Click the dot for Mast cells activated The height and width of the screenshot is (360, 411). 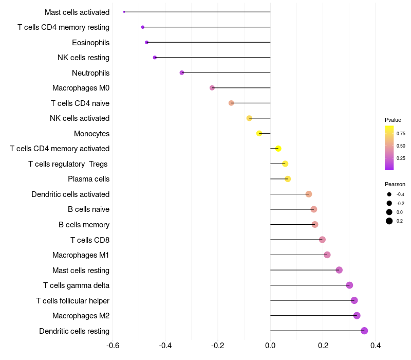click(x=124, y=12)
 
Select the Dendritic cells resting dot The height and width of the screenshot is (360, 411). click(x=364, y=331)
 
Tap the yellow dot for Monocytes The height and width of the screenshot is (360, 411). click(x=259, y=133)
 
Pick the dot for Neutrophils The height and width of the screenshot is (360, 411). click(x=182, y=73)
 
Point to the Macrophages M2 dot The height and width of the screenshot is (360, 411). click(x=357, y=315)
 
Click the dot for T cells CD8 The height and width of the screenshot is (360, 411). click(x=322, y=240)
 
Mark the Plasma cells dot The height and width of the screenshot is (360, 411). click(x=288, y=179)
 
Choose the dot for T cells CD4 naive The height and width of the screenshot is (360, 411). click(x=231, y=103)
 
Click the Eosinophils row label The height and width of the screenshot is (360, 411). click(x=90, y=42)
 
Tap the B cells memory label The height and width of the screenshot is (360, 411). click(x=84, y=225)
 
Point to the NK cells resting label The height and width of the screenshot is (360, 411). click(x=83, y=58)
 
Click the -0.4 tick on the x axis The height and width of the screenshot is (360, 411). click(x=165, y=345)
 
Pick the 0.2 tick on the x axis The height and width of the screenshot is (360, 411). click(x=323, y=345)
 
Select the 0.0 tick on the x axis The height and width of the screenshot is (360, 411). click(x=270, y=345)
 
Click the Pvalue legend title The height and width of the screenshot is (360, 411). click(x=393, y=120)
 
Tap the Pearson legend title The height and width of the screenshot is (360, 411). click(x=395, y=184)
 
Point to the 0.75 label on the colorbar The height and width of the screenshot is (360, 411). click(x=401, y=133)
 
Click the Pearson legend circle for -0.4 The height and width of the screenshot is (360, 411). click(x=389, y=194)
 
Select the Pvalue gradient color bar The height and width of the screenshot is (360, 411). click(x=389, y=148)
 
